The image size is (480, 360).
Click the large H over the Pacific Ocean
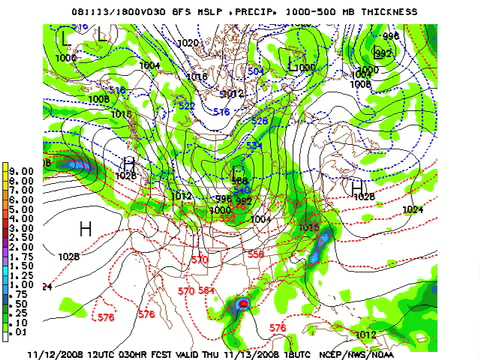pyautogui.click(x=85, y=229)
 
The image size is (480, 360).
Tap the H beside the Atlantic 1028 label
pyautogui.click(x=357, y=186)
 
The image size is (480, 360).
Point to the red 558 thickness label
pyautogui.click(x=256, y=255)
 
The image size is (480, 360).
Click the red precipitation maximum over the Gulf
pyautogui.click(x=241, y=304)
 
